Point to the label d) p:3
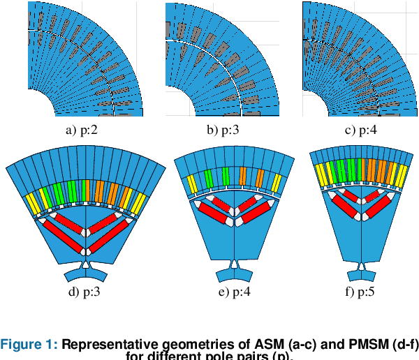[84, 292]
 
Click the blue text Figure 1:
[29, 343]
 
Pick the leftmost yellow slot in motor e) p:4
[191, 183]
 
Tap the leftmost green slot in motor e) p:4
[209, 178]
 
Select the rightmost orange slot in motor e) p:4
[260, 178]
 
